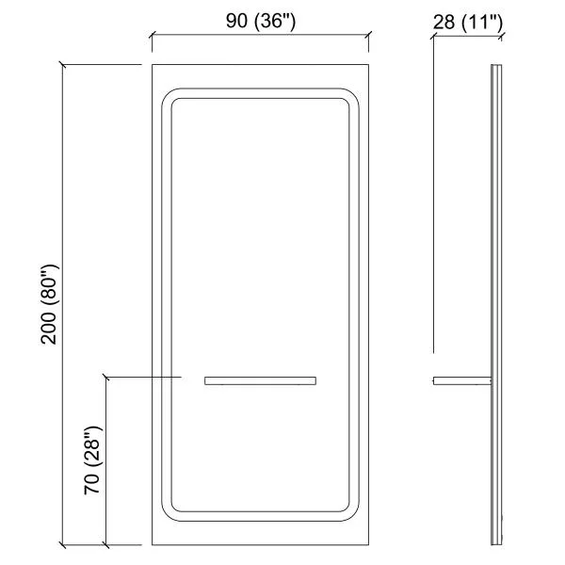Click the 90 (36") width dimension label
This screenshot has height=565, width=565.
(261, 21)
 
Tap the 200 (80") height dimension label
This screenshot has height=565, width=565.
(49, 304)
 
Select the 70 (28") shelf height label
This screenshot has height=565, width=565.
(92, 460)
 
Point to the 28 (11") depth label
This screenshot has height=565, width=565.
(467, 22)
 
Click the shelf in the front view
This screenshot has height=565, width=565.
(260, 380)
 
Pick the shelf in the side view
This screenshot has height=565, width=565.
(462, 380)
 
